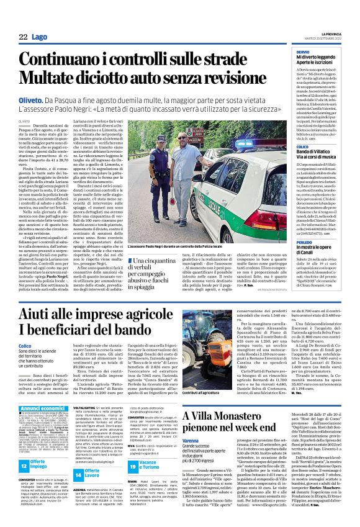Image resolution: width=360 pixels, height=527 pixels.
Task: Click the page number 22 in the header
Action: pos(23,37)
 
